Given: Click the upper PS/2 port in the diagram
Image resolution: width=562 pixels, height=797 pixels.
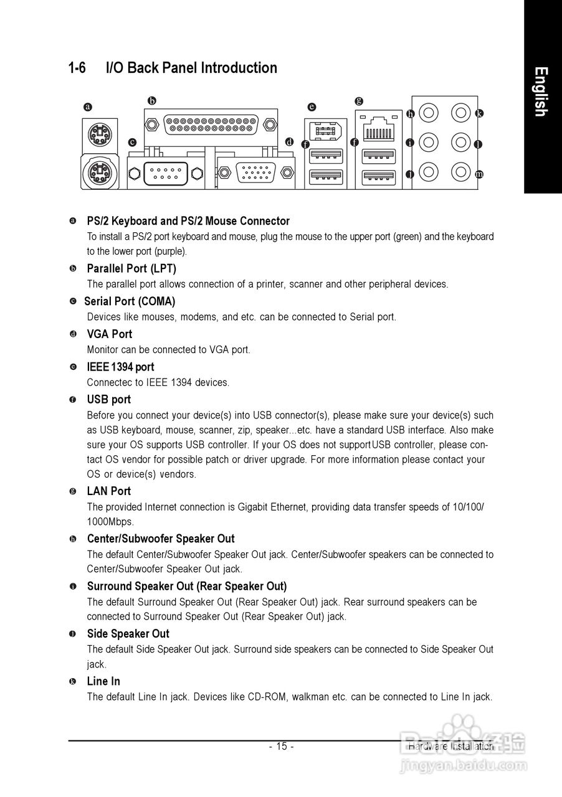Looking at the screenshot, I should [97, 131].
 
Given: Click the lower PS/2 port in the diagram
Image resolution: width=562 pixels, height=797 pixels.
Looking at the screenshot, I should [97, 169].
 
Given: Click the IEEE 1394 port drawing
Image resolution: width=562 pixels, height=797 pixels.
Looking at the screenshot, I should [325, 130].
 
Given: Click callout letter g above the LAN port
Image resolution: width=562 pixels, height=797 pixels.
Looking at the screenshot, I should [358, 100].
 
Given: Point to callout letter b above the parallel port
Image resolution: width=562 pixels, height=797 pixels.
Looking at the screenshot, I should [151, 100].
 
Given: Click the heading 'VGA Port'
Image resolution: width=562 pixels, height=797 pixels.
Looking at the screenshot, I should [110, 334].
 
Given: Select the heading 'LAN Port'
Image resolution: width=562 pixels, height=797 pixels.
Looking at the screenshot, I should [109, 491].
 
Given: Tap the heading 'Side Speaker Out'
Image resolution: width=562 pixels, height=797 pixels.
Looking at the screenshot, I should [128, 634].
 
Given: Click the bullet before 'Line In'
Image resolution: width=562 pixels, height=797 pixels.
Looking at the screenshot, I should [73, 682].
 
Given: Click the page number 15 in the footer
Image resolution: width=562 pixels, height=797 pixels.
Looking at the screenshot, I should [281, 747].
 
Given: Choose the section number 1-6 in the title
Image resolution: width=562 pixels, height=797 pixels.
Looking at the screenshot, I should [77, 68].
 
